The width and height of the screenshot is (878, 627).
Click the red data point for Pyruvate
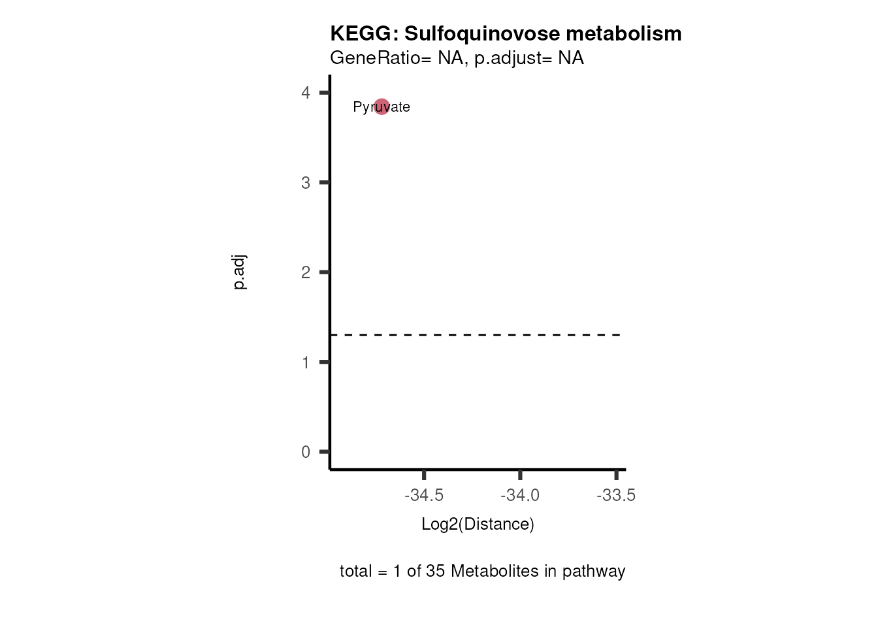tap(382, 106)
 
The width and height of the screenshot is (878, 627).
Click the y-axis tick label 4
tap(306, 93)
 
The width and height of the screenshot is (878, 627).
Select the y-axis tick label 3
tap(306, 183)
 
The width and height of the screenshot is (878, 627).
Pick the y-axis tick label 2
tap(306, 272)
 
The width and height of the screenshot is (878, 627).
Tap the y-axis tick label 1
tap(306, 362)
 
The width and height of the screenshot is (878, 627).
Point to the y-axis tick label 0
tap(306, 452)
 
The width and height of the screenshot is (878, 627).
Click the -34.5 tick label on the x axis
tap(424, 496)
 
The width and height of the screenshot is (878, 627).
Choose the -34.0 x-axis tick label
tap(520, 496)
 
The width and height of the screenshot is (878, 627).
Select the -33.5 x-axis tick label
tap(616, 496)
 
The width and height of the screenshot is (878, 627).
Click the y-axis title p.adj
tap(240, 272)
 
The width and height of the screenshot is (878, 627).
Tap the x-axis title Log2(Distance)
tap(478, 524)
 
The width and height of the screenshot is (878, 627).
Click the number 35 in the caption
tap(435, 571)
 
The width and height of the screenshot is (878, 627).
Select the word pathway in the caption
tap(594, 571)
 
